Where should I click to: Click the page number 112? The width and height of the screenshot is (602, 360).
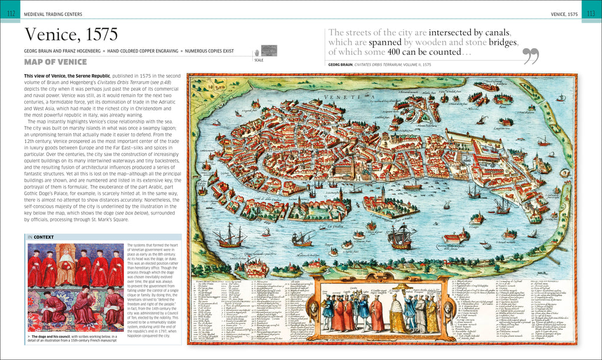(x=10, y=14)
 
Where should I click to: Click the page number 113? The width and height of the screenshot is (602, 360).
(x=591, y=14)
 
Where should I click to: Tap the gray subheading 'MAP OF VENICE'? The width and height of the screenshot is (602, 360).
(x=55, y=62)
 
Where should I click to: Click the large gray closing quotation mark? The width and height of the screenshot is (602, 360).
(x=531, y=56)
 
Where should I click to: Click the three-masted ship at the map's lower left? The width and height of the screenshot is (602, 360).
(x=228, y=236)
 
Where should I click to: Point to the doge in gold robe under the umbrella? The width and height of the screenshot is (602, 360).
(x=398, y=316)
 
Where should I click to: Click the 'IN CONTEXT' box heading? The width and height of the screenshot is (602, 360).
(x=41, y=238)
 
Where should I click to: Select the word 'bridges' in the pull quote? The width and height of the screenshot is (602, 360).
(x=497, y=42)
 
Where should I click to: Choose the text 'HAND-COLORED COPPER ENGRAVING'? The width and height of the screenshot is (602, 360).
(x=141, y=51)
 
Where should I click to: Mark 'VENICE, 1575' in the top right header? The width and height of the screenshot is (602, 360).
(x=564, y=14)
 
